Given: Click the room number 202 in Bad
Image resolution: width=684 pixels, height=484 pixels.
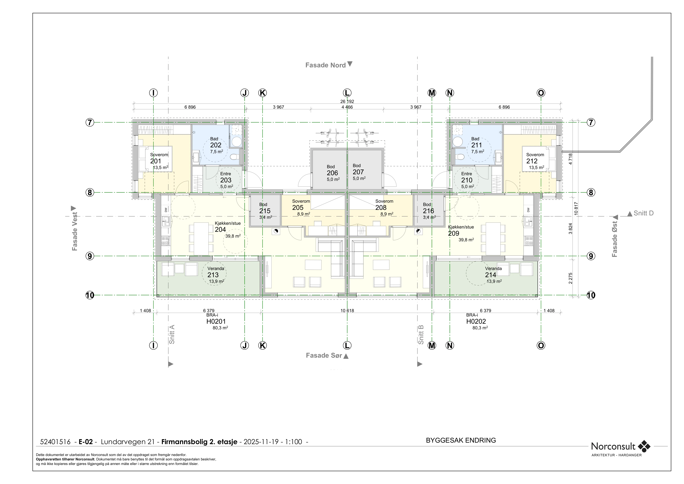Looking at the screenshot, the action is click(216, 145).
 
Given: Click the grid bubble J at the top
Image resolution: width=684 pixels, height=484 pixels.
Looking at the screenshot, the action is click(245, 93).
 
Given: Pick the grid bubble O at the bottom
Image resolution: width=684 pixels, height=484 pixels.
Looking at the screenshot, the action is click(541, 345).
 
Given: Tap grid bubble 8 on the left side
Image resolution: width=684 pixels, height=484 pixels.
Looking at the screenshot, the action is click(90, 192).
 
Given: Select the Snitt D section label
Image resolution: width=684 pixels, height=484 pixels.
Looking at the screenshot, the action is click(643, 213).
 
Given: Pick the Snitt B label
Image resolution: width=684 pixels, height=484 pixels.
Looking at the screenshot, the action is click(421, 334).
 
